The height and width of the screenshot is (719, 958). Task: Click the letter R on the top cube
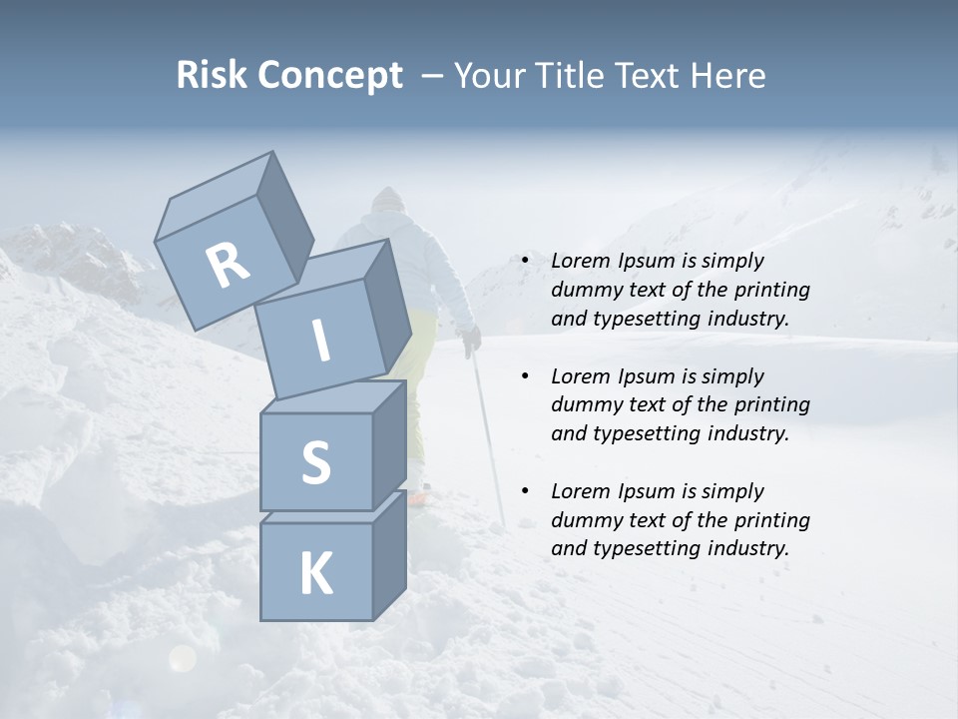(228, 266)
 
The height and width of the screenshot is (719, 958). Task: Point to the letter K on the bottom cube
(315, 574)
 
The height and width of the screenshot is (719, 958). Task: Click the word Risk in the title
(213, 75)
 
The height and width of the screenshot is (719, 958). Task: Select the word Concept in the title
(330, 76)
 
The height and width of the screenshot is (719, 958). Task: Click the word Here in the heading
(726, 75)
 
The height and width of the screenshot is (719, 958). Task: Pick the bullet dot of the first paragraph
(525, 262)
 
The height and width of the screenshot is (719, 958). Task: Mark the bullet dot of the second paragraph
(525, 376)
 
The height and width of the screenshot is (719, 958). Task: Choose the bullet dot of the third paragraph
(525, 491)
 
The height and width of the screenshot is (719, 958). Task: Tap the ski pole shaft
(489, 439)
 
